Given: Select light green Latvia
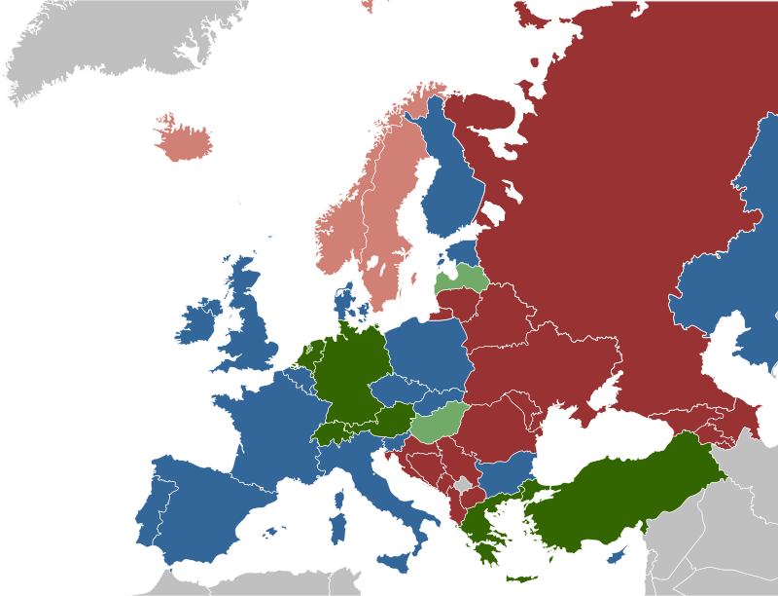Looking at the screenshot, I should [461, 279].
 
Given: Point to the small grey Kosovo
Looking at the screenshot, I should [463, 484].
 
